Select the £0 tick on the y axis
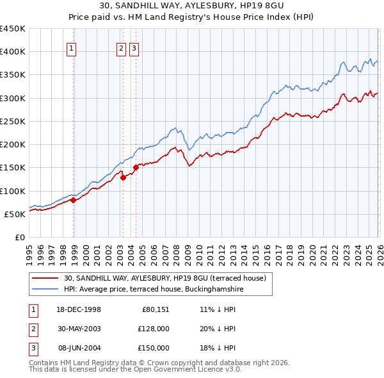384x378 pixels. coord(19,237)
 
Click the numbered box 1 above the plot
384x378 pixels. coord(72,47)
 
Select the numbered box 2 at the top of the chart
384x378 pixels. coord(121,47)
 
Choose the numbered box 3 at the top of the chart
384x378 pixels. coord(134,47)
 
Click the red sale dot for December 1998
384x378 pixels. coord(73,200)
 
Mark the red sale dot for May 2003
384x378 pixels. coord(123,178)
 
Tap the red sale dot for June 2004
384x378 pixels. coord(135,168)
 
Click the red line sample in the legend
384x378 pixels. coord(46,278)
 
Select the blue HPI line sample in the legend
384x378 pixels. coord(46,290)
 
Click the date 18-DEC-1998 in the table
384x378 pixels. coord(79,309)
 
